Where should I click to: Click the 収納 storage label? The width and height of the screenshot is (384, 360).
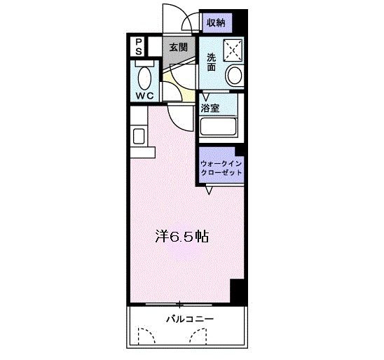pyautogui.click(x=215, y=22)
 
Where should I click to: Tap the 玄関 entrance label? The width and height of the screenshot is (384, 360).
pyautogui.click(x=179, y=48)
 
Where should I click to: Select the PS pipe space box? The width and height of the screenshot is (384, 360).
pyautogui.click(x=139, y=47)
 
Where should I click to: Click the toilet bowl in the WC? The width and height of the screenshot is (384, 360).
pyautogui.click(x=146, y=76)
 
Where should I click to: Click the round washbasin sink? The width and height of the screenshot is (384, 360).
pyautogui.click(x=234, y=75)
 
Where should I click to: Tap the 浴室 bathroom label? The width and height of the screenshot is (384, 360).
pyautogui.click(x=209, y=108)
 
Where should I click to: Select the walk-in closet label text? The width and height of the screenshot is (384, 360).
pyautogui.click(x=221, y=167)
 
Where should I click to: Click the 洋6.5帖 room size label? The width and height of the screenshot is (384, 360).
pyautogui.click(x=181, y=237)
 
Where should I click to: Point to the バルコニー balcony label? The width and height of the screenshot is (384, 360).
pyautogui.click(x=189, y=319)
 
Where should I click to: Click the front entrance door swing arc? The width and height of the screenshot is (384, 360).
pyautogui.click(x=172, y=19)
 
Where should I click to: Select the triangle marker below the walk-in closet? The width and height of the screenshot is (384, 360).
pyautogui.click(x=209, y=190)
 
